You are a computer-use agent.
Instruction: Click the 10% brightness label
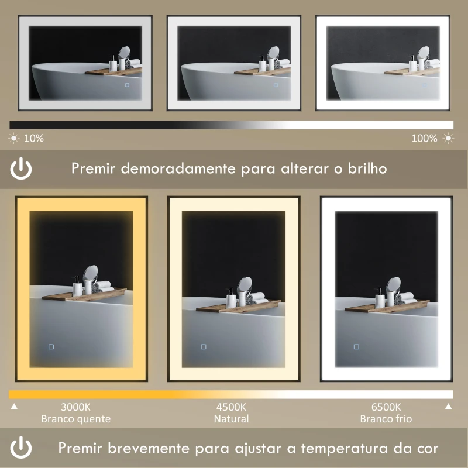pyautogui.click(x=33, y=139)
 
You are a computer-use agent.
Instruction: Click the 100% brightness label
pyautogui.click(x=424, y=139)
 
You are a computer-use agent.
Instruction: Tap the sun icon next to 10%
pyautogui.click(x=13, y=139)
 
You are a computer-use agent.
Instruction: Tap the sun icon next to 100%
pyautogui.click(x=448, y=139)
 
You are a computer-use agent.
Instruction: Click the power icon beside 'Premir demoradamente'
pyautogui.click(x=22, y=169)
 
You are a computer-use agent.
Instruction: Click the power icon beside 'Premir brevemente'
pyautogui.click(x=22, y=448)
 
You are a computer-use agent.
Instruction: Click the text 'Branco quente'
pyautogui.click(x=75, y=419)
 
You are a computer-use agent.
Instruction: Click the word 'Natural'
pyautogui.click(x=231, y=419)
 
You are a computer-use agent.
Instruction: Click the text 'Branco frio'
pyautogui.click(x=386, y=419)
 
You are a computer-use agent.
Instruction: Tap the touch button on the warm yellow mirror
pyautogui.click(x=51, y=347)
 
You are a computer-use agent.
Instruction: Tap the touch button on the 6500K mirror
pyautogui.click(x=356, y=346)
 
